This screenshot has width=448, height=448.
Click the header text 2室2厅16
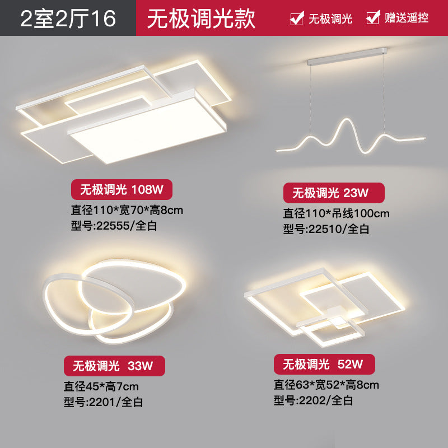point(68,18)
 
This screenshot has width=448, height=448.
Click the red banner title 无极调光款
point(201,18)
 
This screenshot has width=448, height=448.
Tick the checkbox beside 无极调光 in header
point(296,18)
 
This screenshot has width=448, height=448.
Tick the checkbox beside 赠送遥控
point(372,18)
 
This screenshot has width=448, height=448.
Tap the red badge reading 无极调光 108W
point(121,190)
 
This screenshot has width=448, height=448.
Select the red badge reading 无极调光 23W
point(334,193)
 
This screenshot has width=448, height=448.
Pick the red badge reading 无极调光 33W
point(114,366)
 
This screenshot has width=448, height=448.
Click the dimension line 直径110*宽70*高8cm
point(127,211)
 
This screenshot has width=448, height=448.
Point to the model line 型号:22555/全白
point(111,227)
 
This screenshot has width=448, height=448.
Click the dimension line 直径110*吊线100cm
point(336,213)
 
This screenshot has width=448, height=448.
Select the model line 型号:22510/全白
point(326,228)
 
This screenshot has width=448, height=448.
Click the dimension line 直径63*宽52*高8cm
point(326,385)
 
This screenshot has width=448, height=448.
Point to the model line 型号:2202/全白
point(313,400)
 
